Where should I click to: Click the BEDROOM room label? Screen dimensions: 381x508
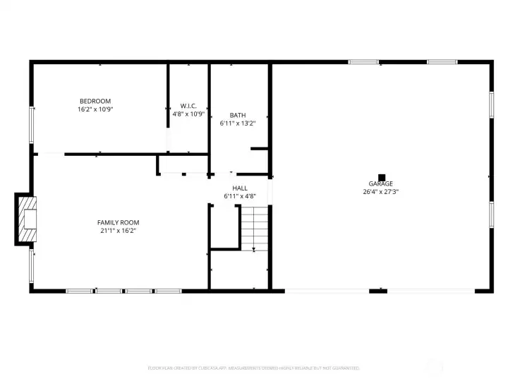[95, 102]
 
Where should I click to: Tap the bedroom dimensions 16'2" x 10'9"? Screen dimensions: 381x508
[95, 109]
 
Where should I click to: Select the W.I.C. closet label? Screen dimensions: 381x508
[188, 106]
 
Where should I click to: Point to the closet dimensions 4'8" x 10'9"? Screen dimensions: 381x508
[188, 114]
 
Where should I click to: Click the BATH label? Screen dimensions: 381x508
[238, 115]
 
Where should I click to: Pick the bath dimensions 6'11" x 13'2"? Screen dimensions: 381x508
[238, 123]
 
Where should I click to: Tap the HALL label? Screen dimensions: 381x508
[240, 188]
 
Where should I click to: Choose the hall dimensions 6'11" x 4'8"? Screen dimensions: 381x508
[240, 195]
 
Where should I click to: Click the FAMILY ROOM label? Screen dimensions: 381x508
[116, 222]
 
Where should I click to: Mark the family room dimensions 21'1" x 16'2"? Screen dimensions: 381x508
[116, 230]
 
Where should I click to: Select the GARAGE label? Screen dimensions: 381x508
[381, 184]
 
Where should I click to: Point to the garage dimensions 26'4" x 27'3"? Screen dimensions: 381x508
[381, 192]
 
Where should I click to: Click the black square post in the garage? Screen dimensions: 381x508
[382, 177]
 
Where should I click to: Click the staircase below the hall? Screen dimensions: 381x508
[255, 227]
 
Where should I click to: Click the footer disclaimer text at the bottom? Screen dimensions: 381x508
[254, 368]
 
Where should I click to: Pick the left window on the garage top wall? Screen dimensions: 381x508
[364, 62]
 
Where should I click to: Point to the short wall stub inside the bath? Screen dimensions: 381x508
[259, 149]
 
